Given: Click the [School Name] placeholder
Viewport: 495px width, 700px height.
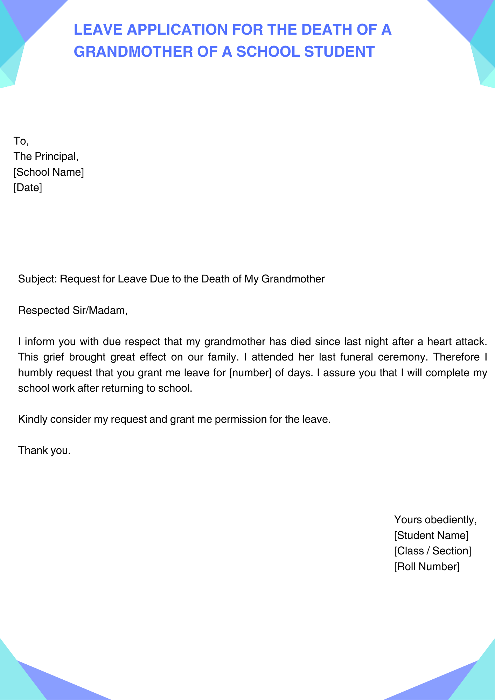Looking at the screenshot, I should [x=49, y=172].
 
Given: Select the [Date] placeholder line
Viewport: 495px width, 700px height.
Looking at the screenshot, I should [x=28, y=188].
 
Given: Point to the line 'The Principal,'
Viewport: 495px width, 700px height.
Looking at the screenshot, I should [x=46, y=156].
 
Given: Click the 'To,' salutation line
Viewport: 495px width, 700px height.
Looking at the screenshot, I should [x=21, y=141].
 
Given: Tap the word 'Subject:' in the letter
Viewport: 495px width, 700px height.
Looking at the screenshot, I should [x=37, y=279].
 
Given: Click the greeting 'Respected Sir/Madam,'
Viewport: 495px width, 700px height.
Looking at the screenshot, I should [x=73, y=310].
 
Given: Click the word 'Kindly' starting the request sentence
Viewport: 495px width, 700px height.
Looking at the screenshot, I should [x=33, y=419].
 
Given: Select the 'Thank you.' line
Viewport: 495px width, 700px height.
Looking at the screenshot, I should [x=44, y=450].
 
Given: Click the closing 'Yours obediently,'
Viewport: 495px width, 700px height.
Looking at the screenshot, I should [x=435, y=520].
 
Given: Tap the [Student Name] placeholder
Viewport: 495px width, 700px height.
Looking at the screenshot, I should [x=431, y=535].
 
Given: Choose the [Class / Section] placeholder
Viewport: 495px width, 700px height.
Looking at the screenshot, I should [x=432, y=551].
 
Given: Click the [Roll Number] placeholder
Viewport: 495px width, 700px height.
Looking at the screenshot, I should [x=426, y=567].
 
